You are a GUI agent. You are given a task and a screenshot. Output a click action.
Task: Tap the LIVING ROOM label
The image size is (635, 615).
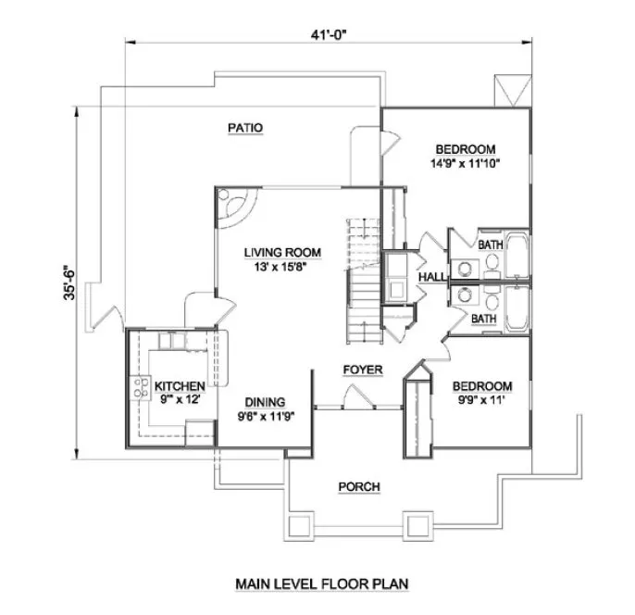[282, 252]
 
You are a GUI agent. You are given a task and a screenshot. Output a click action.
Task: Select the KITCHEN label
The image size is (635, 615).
[179, 385]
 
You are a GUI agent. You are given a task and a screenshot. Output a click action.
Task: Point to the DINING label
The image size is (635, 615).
[265, 402]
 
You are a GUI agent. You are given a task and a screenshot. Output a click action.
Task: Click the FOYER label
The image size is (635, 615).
[362, 370]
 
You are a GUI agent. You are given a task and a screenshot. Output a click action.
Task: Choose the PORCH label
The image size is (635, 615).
[359, 486]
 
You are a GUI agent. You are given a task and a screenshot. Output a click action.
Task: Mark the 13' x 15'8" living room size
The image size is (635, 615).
[282, 266]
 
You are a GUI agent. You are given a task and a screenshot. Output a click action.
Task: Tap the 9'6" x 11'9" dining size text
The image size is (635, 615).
[265, 415]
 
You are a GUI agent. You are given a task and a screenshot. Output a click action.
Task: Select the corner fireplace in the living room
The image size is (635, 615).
[233, 206]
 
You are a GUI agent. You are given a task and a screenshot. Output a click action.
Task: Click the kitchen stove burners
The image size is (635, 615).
[143, 387]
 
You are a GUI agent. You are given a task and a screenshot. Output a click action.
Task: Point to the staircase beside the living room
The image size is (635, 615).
[363, 278]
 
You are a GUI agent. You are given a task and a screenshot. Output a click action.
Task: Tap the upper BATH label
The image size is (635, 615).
[490, 244]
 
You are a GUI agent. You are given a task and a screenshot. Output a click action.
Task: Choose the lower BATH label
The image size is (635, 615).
[482, 319]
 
